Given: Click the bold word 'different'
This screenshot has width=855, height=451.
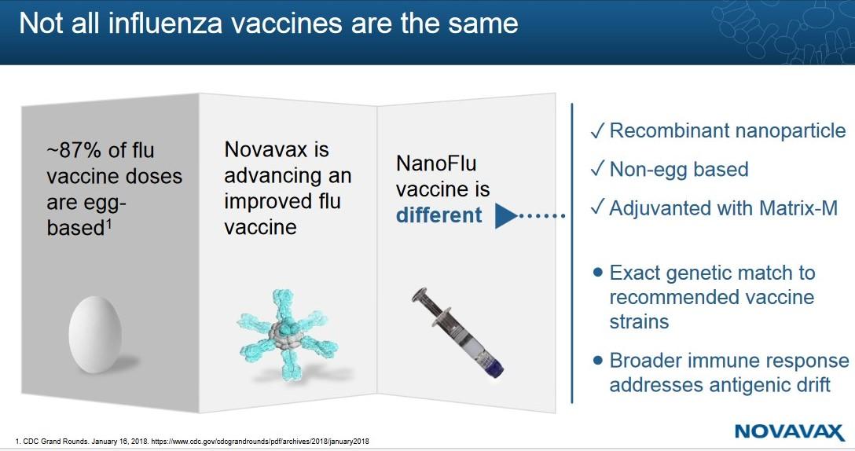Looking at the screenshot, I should point(439,214).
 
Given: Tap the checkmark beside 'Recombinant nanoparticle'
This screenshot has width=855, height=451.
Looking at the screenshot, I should point(596,131).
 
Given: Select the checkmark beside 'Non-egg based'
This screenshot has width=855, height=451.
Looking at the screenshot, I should point(596,170).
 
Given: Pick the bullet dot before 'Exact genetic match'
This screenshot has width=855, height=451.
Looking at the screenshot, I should point(597,273).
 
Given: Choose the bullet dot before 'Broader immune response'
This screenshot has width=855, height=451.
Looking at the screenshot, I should point(597,361).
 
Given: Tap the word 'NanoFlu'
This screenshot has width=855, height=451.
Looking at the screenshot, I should point(436,164).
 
